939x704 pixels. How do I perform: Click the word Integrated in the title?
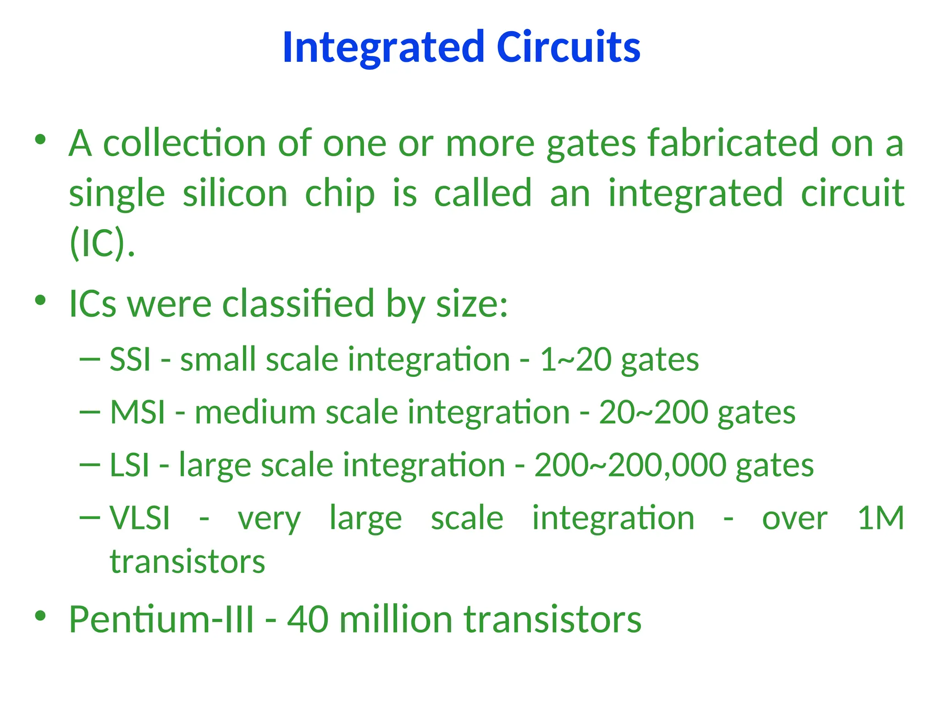[x=383, y=47]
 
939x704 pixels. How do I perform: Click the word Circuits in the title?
[x=569, y=47]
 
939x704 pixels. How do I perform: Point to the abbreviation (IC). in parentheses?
[x=102, y=243]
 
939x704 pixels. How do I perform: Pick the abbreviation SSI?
[x=130, y=359]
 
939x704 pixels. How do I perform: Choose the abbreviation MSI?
[x=138, y=412]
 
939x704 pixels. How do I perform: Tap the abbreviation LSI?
[x=130, y=465]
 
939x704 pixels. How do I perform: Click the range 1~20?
[x=575, y=359]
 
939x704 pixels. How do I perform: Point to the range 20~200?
[x=653, y=412]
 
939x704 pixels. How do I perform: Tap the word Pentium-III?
[x=161, y=619]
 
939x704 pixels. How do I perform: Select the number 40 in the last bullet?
[x=308, y=619]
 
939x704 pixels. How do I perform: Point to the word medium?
[x=255, y=412]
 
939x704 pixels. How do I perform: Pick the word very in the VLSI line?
[x=269, y=519]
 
